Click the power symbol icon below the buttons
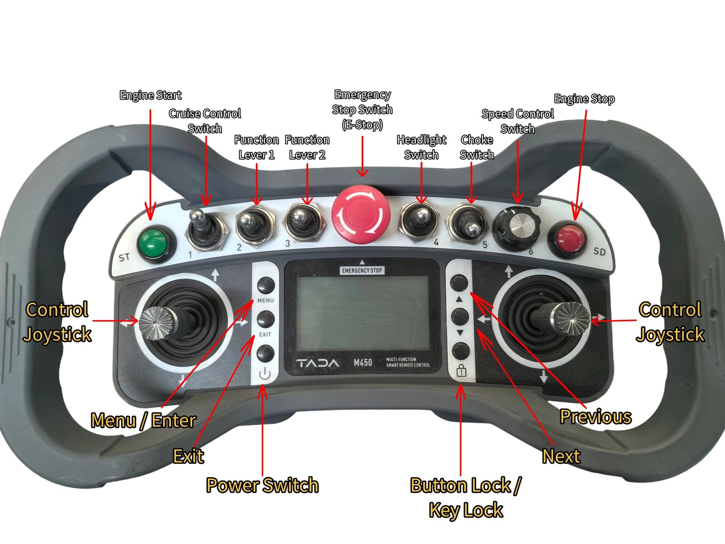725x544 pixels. (265, 374)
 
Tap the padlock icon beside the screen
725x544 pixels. (461, 370)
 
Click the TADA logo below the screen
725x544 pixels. (318, 363)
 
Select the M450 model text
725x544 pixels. (362, 363)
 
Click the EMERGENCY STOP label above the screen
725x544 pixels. (362, 271)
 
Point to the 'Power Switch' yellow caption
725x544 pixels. (262, 485)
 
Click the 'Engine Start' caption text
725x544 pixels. (150, 95)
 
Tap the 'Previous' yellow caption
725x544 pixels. (595, 417)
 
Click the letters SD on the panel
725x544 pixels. (599, 251)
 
